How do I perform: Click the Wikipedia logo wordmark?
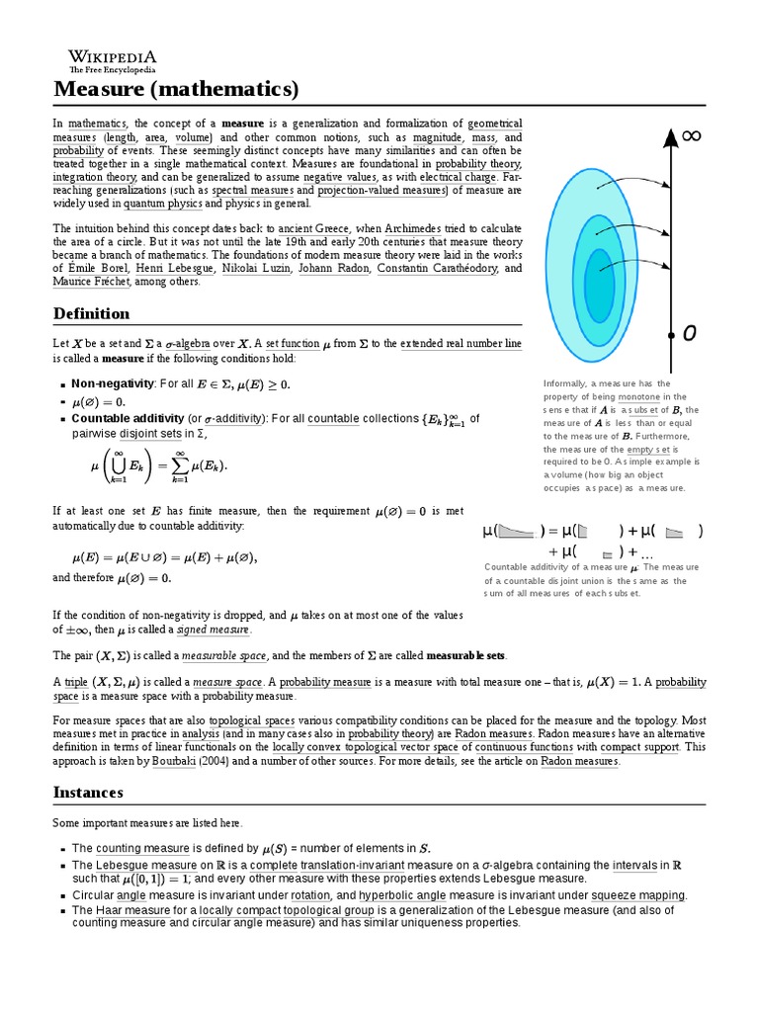point(112,57)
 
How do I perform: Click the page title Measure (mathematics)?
point(175,90)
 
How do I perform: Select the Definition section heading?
point(91,313)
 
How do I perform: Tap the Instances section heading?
point(88,792)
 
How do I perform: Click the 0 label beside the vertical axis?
point(689,334)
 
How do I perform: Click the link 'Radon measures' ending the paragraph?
point(579,762)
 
